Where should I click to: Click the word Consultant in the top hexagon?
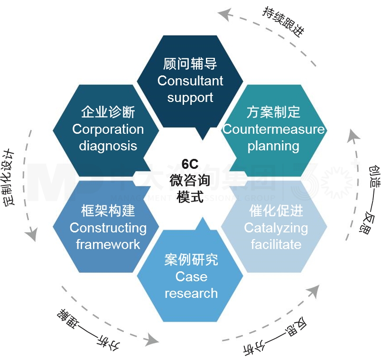coord(190,81)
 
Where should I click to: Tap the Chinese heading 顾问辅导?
coord(190,64)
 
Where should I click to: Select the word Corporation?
coord(108,129)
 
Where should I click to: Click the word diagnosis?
coord(108,146)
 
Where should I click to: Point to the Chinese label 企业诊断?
coord(108,112)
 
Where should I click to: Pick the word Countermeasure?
coord(274,129)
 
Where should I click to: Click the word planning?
coord(273,146)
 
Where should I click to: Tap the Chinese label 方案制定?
coord(274,112)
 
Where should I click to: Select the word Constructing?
coord(108,228)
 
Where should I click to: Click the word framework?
coord(108,244)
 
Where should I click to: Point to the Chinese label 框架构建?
coord(108,211)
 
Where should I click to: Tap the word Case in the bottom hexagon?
coord(191,276)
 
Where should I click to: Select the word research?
coord(191,293)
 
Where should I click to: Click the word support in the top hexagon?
coord(190,98)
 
